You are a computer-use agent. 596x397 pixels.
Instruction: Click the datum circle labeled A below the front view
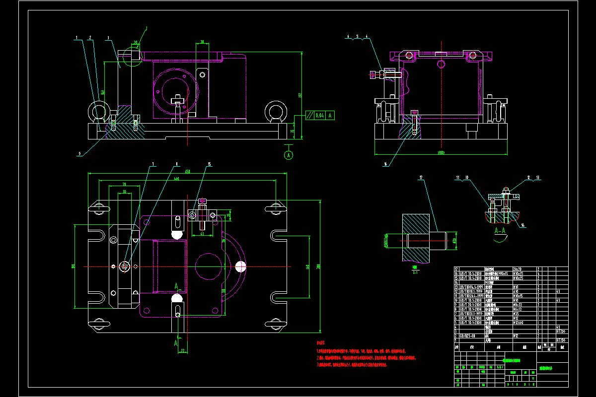point(289,155)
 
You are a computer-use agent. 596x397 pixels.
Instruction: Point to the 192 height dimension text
point(300,95)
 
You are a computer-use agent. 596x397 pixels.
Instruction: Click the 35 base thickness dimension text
point(293,132)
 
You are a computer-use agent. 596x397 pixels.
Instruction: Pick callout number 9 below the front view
point(79,153)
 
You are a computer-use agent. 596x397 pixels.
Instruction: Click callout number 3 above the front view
point(108,38)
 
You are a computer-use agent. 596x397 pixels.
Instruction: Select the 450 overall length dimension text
point(188,172)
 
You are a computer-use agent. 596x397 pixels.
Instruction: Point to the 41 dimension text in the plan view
point(202,233)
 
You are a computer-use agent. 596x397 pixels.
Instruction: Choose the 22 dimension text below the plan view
point(182,351)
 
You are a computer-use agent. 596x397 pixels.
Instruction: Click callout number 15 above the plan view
point(210,164)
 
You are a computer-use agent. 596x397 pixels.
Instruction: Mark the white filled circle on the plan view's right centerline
point(241,266)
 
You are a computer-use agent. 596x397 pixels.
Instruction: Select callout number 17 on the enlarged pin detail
point(421,177)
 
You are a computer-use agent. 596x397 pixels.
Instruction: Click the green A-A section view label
point(500,231)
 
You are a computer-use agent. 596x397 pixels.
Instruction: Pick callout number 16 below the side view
point(385,162)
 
